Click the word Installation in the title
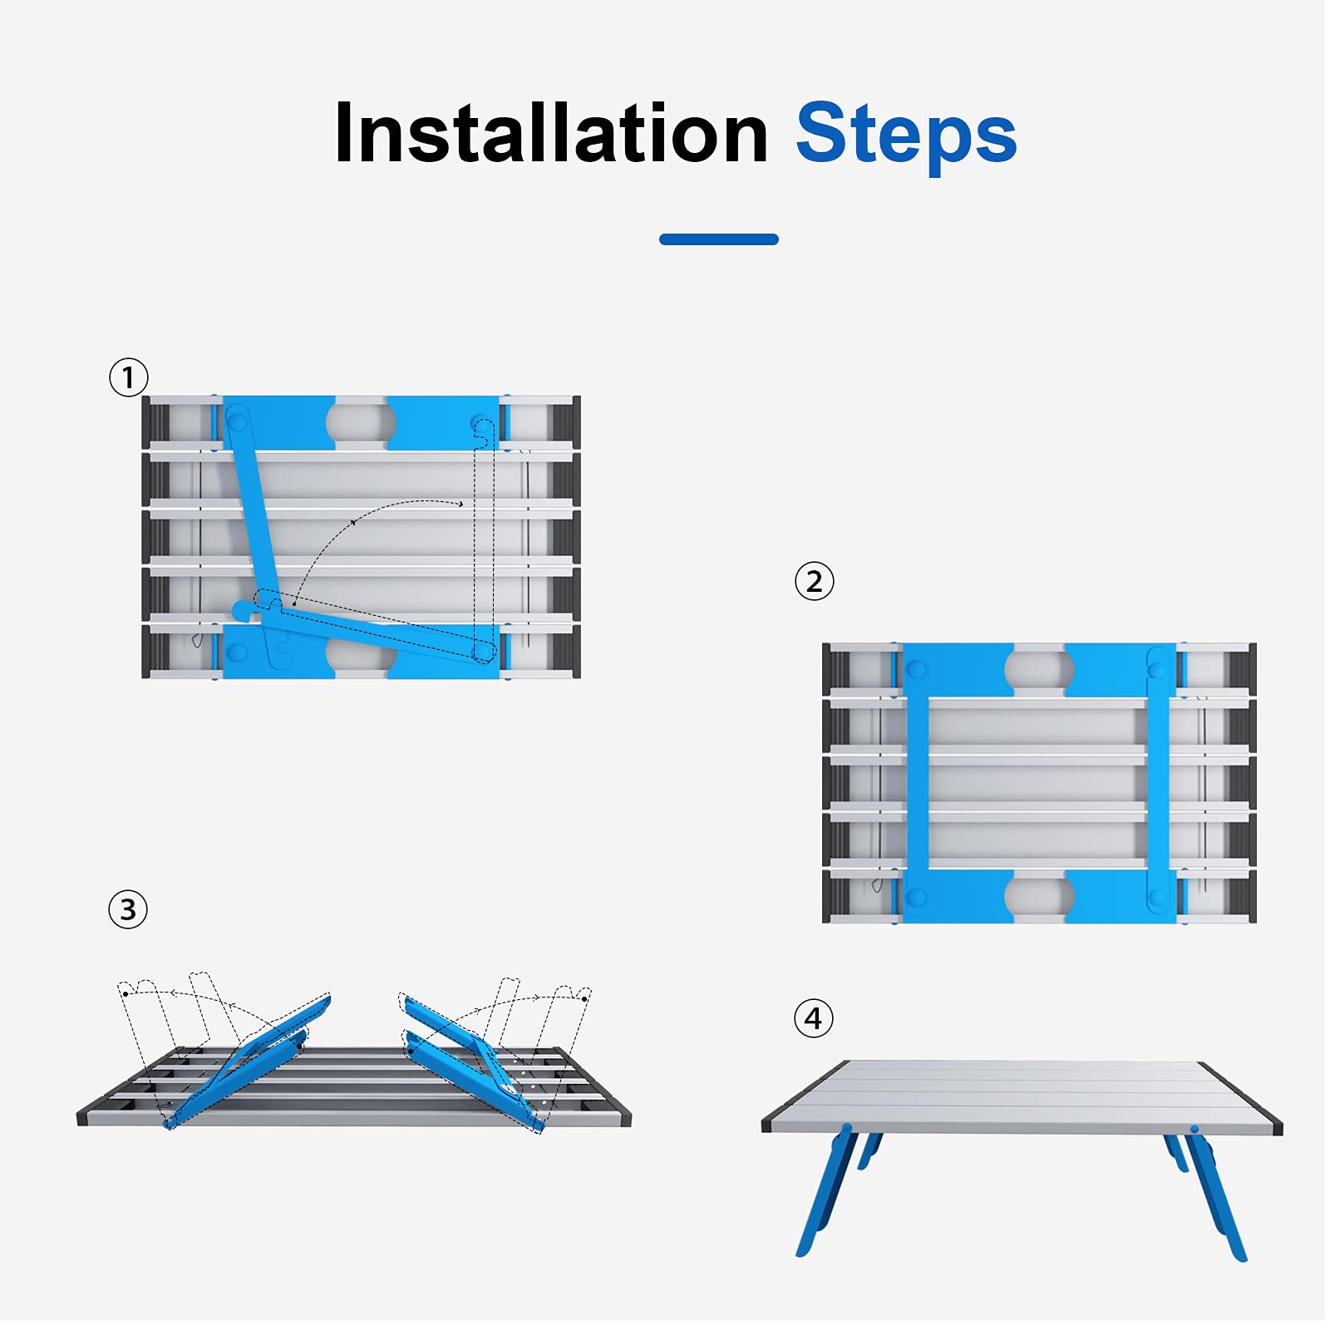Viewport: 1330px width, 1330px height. [551, 133]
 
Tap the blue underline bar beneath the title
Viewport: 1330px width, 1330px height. [719, 239]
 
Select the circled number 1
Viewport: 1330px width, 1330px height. [129, 377]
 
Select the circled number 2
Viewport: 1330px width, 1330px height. [815, 581]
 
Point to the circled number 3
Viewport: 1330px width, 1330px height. [128, 909]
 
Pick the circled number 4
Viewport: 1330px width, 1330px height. [814, 1018]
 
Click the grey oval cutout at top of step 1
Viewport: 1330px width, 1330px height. [361, 422]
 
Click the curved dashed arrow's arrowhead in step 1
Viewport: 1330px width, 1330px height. [461, 504]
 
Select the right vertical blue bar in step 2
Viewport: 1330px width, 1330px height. [1158, 781]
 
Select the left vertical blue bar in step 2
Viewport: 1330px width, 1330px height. [917, 781]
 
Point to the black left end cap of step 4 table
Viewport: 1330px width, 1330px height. [766, 1126]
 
